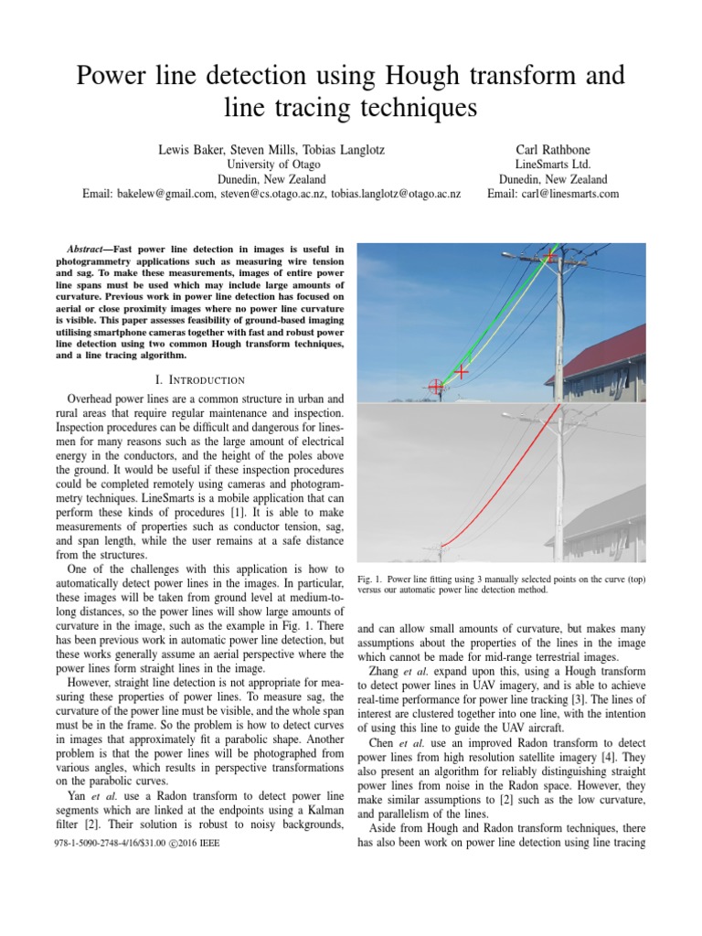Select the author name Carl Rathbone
[x=553, y=146]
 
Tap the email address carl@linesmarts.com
[x=553, y=194]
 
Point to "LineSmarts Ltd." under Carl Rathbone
[x=553, y=164]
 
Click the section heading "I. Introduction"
[x=198, y=379]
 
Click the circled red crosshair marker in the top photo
[x=436, y=387]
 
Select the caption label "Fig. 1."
[x=368, y=579]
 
